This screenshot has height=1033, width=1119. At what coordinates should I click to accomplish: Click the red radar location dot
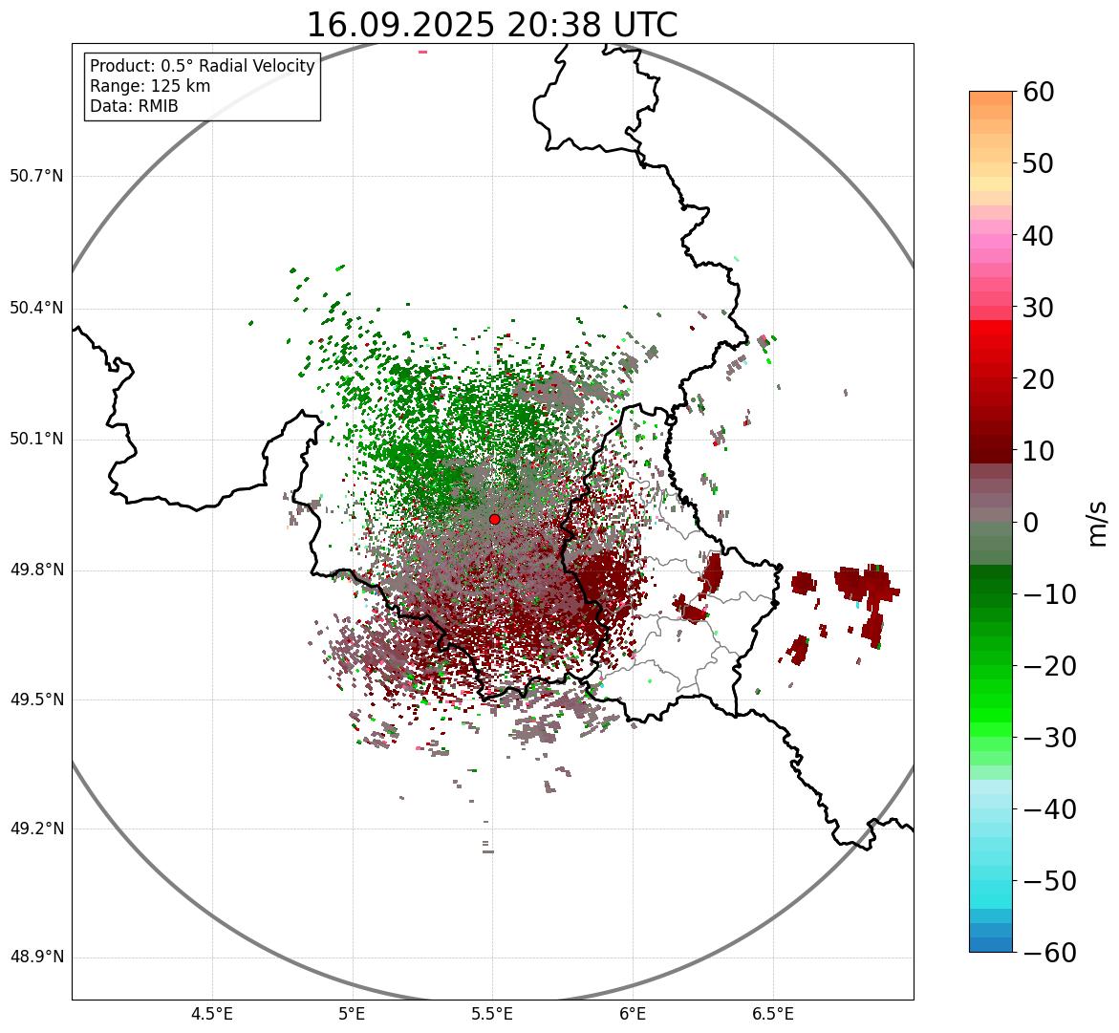494,519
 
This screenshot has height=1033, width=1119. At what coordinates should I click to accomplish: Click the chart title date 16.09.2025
400,25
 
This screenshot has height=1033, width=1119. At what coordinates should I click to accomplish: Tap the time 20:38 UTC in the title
592,25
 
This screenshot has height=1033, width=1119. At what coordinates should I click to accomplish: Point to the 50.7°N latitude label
36,177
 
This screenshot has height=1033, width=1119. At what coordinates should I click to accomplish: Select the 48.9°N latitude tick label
36,958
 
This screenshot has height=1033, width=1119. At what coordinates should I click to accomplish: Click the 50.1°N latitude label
36,440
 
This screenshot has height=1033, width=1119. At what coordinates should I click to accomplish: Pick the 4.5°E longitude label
212,1014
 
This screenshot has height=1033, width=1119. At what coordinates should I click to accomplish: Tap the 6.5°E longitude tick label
773,1014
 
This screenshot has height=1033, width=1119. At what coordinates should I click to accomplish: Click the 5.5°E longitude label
492,1014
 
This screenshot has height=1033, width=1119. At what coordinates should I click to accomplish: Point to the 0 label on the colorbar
1031,523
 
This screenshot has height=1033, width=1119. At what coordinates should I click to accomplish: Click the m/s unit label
1097,523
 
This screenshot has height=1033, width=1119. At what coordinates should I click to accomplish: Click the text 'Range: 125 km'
150,86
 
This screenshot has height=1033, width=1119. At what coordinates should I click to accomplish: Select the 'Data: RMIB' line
134,106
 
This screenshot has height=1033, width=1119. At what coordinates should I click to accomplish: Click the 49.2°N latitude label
36,829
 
